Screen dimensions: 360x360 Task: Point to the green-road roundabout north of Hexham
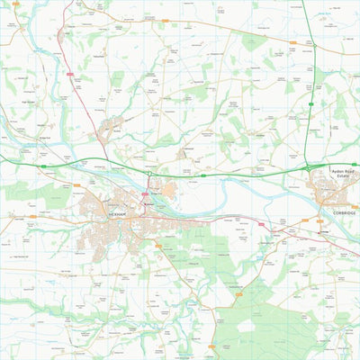(x=148, y=173)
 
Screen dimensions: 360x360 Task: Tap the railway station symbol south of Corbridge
(x=325, y=230)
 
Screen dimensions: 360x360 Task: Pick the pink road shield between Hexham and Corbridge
(x=275, y=228)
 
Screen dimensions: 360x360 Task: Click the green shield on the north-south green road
(x=310, y=104)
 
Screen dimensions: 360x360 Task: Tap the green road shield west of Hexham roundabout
(x=42, y=166)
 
